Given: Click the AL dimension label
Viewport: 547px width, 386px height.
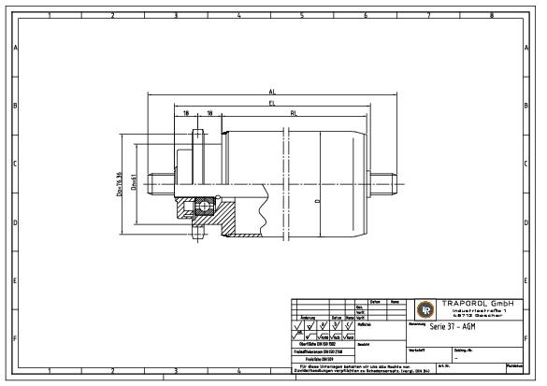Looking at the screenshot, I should pos(271,93).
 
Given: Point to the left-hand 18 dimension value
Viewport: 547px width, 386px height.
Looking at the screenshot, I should pos(186,113).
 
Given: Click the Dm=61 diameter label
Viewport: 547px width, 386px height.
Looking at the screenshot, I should pos(135,179).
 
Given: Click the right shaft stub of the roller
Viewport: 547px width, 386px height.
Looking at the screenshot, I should pos(382,177).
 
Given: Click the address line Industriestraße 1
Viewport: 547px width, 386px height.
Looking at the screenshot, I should pos(481,311).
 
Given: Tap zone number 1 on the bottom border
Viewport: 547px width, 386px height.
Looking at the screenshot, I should pos(49,371).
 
